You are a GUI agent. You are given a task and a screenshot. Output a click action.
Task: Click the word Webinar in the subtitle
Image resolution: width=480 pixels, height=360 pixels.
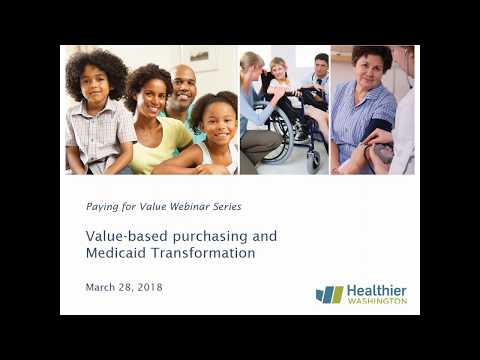(x=184, y=206)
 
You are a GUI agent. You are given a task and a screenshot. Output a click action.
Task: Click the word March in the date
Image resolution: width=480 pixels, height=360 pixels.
(x=102, y=288)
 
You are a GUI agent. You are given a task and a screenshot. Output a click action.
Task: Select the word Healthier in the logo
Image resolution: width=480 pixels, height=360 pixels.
(x=377, y=290)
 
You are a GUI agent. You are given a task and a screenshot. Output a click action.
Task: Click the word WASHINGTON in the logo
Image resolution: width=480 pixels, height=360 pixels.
(x=377, y=301)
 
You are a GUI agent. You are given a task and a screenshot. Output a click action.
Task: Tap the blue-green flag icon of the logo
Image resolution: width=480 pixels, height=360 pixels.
(x=329, y=294)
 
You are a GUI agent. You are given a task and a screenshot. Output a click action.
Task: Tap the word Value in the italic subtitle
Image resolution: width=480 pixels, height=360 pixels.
(x=145, y=206)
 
